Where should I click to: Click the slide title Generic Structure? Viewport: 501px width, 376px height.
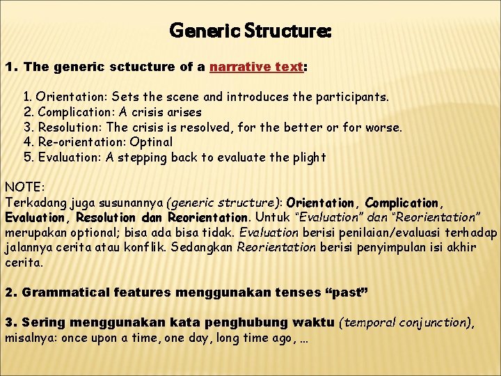tap(250, 31)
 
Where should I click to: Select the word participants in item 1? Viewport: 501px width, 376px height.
tap(355, 96)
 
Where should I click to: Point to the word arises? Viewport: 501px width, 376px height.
tap(184, 111)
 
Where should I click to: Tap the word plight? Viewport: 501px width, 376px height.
tap(310, 157)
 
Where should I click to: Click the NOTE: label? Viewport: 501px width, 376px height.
tap(24, 187)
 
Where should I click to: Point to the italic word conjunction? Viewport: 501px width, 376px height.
tap(431, 322)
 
